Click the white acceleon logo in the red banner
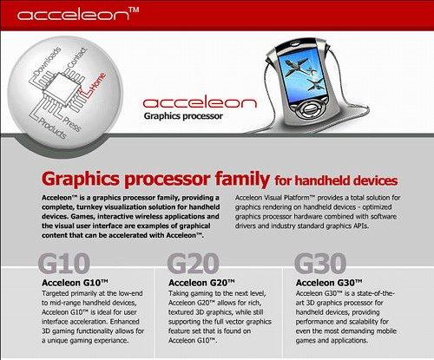click(x=73, y=15)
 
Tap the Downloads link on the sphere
click(x=48, y=62)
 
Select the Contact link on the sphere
click(x=77, y=58)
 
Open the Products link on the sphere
click(x=52, y=128)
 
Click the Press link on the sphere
click(x=72, y=123)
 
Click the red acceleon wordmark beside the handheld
click(x=200, y=103)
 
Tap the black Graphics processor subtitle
click(x=183, y=116)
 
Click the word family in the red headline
click(x=242, y=180)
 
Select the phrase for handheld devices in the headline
click(x=336, y=180)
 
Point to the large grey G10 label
click(x=64, y=264)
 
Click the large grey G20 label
click(x=193, y=264)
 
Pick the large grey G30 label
click(x=320, y=264)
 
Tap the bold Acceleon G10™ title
click(x=75, y=283)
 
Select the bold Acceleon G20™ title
click(x=201, y=283)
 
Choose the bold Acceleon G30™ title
click(x=329, y=283)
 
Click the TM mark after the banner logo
click(x=134, y=10)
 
